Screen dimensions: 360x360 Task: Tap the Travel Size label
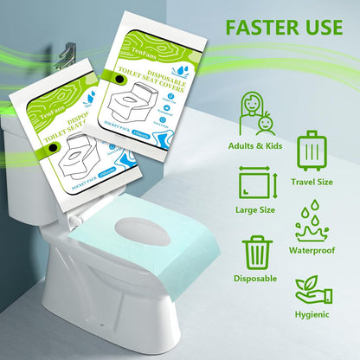point(313,181)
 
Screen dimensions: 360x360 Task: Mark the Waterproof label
point(312,251)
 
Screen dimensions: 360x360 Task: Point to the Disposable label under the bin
point(255,280)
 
